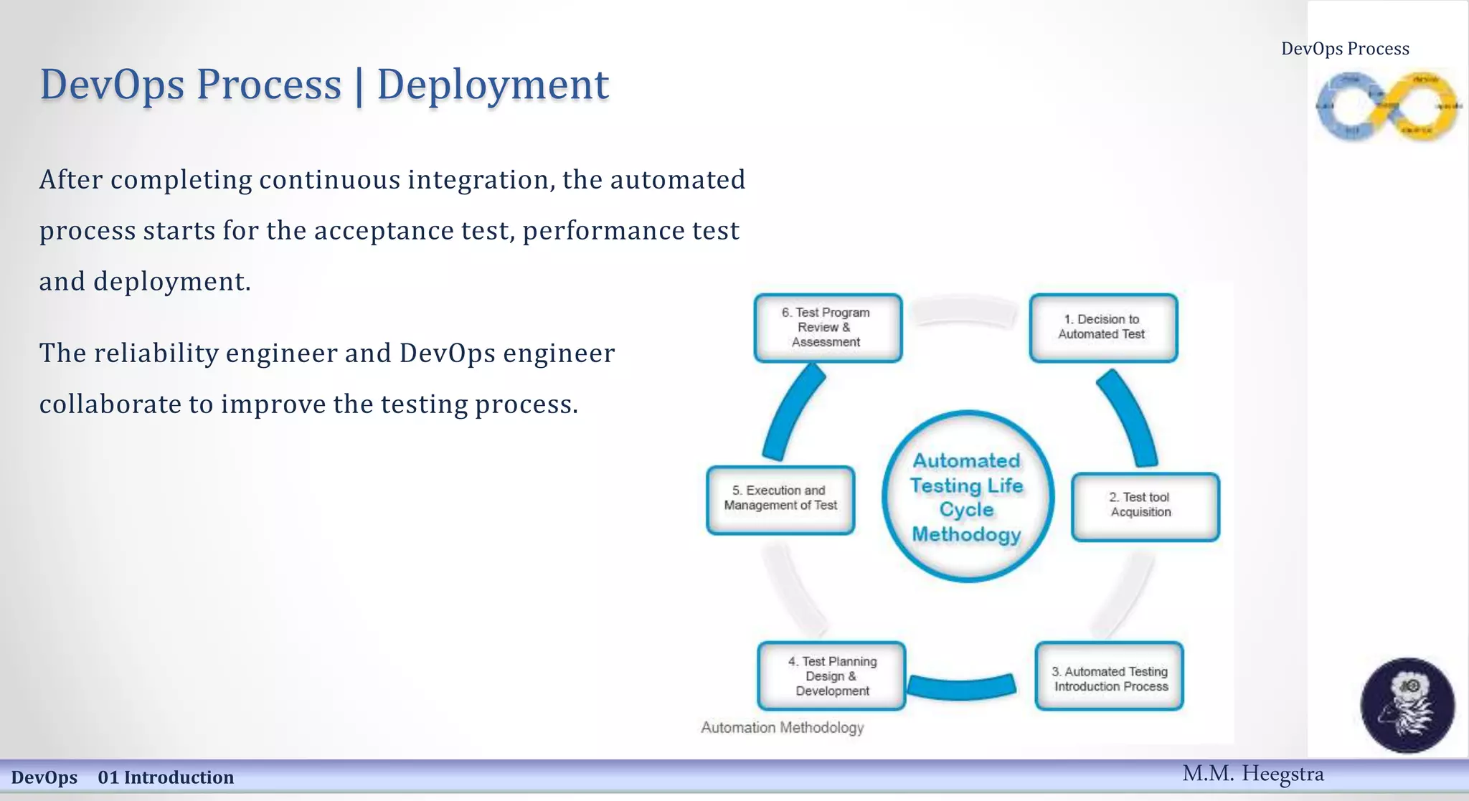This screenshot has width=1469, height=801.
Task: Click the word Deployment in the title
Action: tap(493, 85)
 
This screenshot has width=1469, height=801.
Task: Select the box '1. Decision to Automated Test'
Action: tap(1103, 327)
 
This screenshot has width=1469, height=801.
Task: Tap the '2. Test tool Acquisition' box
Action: tap(1145, 506)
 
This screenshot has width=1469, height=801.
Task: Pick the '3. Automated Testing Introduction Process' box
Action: tap(1110, 677)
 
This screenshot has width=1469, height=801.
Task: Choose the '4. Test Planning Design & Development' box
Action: tap(831, 676)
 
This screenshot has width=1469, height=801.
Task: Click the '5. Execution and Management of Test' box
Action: tap(780, 499)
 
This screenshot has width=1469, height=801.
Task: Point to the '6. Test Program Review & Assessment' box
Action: tap(828, 328)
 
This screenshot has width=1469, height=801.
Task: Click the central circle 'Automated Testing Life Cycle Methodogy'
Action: tap(967, 497)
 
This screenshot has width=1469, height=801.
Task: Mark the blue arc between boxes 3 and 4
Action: tap(961, 686)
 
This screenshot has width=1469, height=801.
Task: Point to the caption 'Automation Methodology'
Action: tap(782, 727)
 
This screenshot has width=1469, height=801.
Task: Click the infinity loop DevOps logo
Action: tap(1387, 107)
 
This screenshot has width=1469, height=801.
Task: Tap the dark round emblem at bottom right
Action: tap(1407, 705)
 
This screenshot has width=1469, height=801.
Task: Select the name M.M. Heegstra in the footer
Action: tap(1252, 774)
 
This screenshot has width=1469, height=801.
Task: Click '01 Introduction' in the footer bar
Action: tap(166, 777)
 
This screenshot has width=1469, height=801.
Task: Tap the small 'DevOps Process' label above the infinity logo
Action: tap(1345, 49)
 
